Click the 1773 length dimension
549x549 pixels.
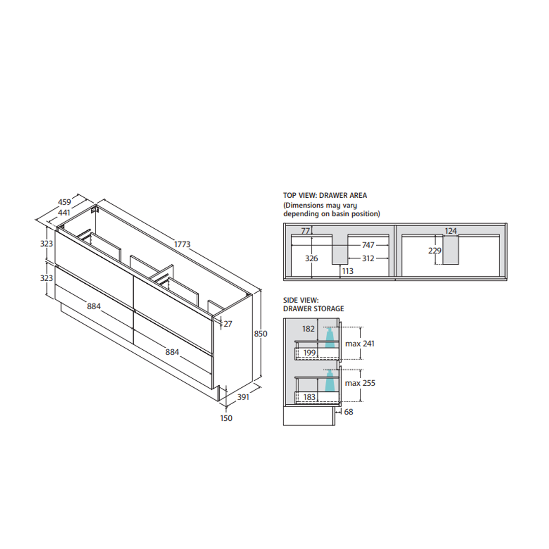[182, 244]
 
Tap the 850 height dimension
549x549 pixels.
[260, 333]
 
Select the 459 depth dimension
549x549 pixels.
[65, 202]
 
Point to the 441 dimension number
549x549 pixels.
[64, 212]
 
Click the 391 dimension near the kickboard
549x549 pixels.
[243, 397]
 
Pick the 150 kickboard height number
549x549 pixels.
[226, 418]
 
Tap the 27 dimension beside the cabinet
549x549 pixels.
[228, 324]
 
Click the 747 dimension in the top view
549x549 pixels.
[369, 245]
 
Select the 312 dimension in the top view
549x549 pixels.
[369, 258]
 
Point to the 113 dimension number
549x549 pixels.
[348, 271]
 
